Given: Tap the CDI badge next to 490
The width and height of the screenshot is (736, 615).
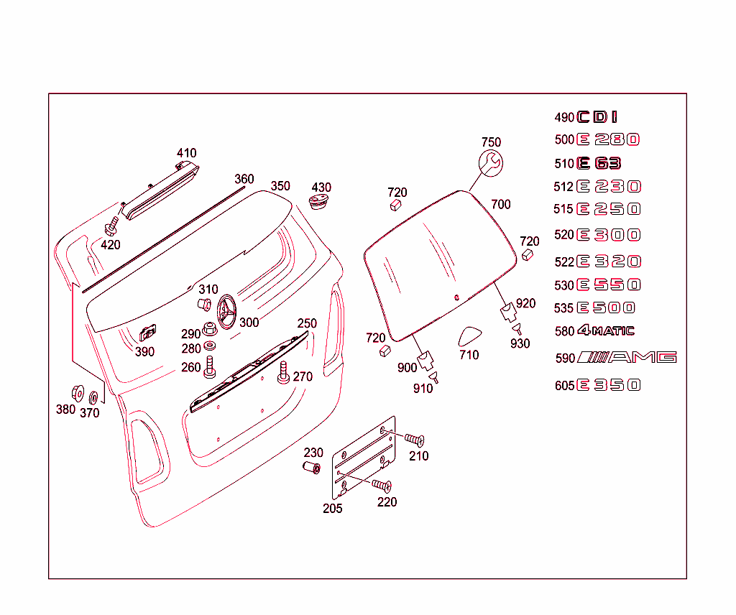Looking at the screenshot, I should [597, 117].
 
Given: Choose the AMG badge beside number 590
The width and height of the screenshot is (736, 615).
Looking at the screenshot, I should [627, 357].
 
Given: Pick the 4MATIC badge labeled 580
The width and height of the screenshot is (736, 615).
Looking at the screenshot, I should [606, 330].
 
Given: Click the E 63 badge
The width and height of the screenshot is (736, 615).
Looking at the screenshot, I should [599, 163].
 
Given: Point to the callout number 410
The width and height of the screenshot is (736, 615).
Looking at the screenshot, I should [186, 153].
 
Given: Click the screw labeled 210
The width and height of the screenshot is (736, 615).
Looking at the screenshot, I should [414, 439].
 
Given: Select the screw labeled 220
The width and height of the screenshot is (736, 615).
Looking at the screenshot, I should [382, 486].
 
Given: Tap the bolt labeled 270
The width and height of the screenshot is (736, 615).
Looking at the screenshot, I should [282, 371].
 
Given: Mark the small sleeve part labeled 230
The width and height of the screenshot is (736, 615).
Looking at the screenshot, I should [311, 468].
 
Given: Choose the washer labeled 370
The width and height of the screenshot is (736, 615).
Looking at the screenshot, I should [93, 397].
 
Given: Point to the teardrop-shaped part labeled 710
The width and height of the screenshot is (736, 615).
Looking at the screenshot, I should [471, 336].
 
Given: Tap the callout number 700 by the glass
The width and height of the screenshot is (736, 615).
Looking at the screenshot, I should [500, 204].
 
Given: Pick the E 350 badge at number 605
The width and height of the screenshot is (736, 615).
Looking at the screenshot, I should [608, 385].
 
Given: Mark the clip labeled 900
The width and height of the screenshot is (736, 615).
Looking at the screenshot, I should [427, 357].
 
